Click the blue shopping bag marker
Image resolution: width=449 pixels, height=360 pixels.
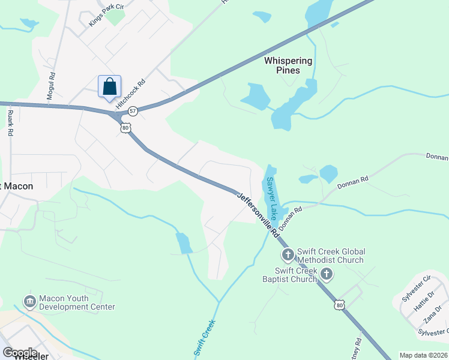tap(109, 87)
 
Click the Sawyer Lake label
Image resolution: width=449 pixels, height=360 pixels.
tap(273, 197)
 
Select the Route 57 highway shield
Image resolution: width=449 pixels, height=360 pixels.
tap(133, 111)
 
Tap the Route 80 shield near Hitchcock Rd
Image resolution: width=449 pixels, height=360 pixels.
tap(125, 128)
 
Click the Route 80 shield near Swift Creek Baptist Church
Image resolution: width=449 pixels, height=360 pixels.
tap(340, 305)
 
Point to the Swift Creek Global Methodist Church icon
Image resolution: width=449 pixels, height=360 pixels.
tap(288, 256)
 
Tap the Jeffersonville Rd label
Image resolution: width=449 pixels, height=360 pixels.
tap(258, 214)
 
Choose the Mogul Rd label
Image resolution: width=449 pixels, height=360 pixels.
tap(52, 86)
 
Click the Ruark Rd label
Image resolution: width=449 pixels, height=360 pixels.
tap(10, 122)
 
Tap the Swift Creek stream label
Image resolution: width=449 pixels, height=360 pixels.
tap(205, 338)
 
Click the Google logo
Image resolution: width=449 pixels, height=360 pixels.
tap(20, 353)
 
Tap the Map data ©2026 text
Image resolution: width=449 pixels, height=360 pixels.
tap(423, 355)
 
